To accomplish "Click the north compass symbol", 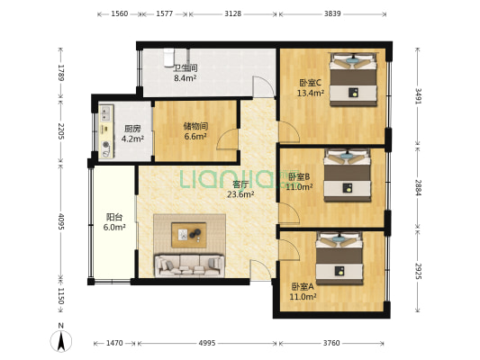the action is point(61,339).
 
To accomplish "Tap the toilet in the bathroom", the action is point(168,58).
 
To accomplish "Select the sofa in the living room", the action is point(189,265).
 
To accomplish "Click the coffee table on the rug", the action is point(188,235).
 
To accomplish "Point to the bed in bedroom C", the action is point(353,79).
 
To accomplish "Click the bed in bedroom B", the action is point(347,175).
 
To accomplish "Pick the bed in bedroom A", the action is point(340,258).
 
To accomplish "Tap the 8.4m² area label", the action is point(186,78).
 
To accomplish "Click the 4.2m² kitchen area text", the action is point(132,139).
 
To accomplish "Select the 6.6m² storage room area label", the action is point(195,137).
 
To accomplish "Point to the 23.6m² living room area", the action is point(240,194).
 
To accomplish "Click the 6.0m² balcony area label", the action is point(114,228).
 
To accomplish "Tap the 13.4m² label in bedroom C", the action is point(311,93).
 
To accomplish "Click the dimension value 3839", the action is point(332,13).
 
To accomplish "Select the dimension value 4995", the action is point(207,343).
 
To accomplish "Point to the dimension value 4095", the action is point(61,221).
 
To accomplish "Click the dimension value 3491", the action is point(418,96).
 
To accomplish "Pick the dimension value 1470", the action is point(114,343).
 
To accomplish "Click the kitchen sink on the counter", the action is point(106,113).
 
